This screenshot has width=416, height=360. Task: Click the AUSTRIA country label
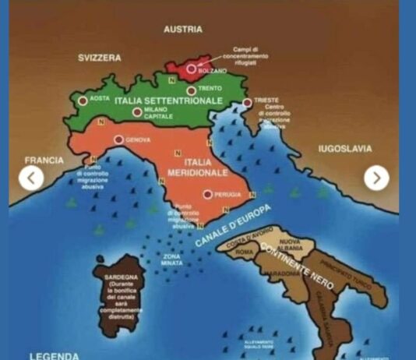click(183, 30)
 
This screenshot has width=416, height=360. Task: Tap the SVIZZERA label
click(100, 58)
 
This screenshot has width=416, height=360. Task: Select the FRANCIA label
click(44, 160)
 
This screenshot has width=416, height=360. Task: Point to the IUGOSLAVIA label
click(345, 149)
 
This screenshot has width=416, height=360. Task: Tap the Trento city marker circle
click(191, 90)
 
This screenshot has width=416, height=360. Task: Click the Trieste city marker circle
click(248, 102)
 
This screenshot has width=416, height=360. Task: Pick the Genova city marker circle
click(118, 140)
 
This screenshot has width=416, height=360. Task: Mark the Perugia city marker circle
click(207, 195)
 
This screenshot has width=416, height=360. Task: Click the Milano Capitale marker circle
click(137, 112)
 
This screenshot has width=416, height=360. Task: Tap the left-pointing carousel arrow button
click(31, 178)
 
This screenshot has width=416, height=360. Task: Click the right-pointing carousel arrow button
click(376, 178)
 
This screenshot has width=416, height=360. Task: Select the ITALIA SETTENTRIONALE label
click(169, 101)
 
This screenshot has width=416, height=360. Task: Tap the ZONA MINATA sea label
click(174, 258)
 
